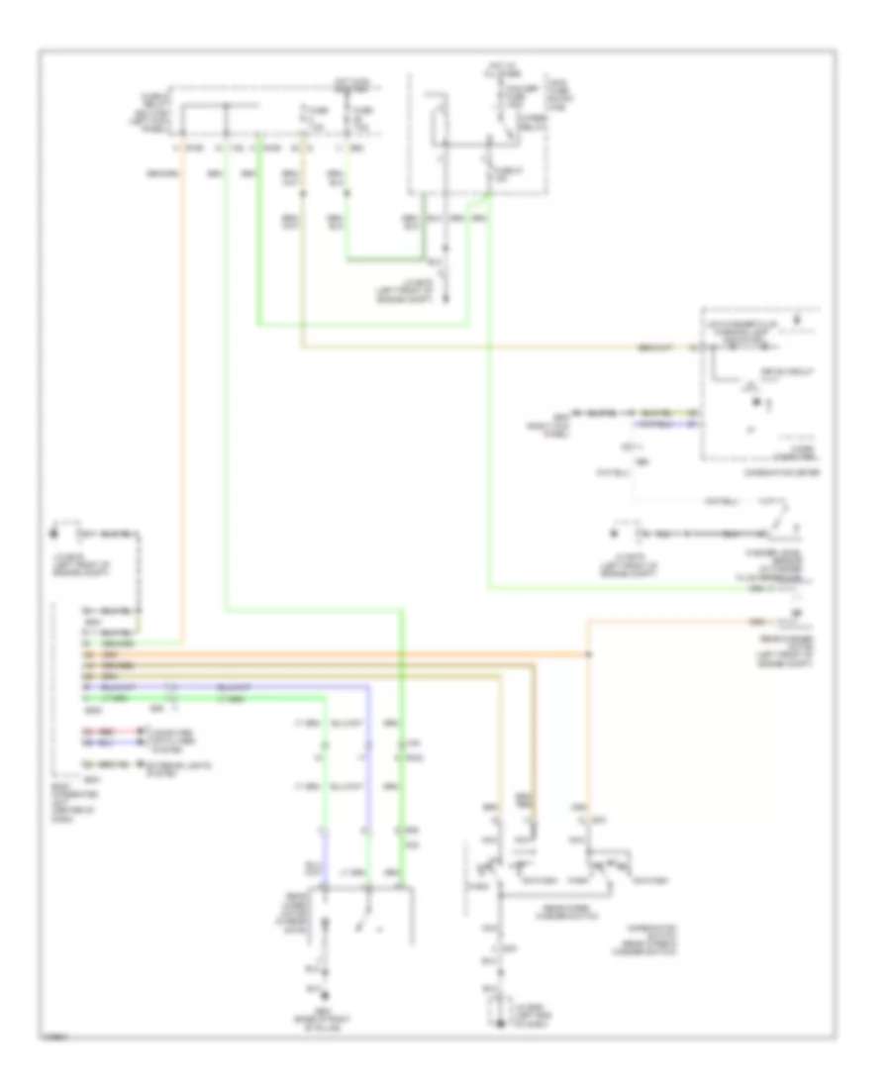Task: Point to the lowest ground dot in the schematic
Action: coord(501,1022)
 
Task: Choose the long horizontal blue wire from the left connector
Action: coord(267,685)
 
